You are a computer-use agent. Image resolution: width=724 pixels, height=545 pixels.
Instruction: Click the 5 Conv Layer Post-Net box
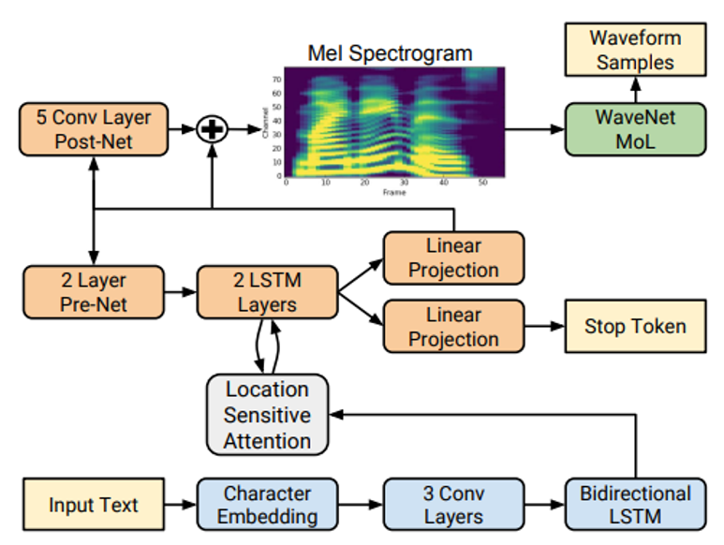coord(92,130)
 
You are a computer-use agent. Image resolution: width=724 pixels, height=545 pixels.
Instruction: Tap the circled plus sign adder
coord(214,130)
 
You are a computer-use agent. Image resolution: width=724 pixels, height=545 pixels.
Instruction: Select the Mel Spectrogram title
coord(390,53)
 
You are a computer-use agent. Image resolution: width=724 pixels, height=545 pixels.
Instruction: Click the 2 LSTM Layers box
coord(267,291)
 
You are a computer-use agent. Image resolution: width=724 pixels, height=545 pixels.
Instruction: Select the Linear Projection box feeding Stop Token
coord(453,326)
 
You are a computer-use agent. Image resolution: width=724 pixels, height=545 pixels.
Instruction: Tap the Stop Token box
coord(634,327)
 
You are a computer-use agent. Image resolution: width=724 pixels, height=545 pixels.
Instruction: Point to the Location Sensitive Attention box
coord(267,415)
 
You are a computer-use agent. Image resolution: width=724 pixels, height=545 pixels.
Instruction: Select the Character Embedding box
coord(267,505)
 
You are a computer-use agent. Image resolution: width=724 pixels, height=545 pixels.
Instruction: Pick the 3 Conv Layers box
coord(453,505)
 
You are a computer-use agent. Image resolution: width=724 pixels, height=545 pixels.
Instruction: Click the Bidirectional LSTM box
coord(634,505)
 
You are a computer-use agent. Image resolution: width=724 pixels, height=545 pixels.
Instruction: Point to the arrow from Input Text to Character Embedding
coord(180,505)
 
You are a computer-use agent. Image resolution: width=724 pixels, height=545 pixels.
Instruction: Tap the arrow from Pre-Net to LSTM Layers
coord(180,291)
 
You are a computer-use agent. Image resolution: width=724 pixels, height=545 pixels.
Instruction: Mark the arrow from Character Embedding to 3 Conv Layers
coord(360,505)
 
